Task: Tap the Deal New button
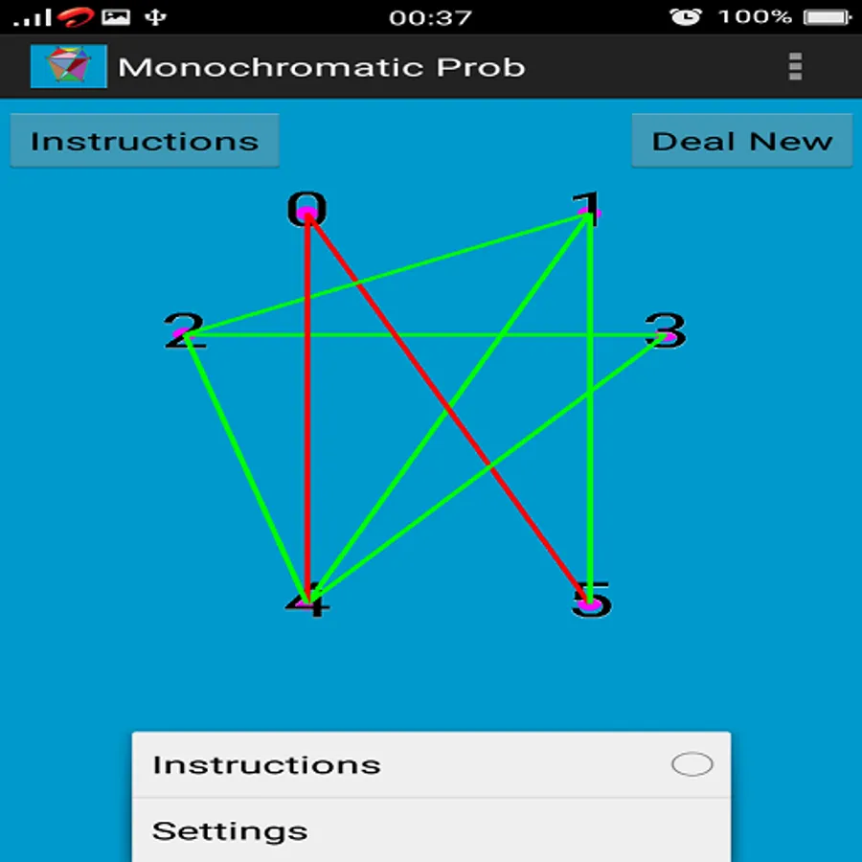coord(741,141)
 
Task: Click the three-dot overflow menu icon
coord(795,66)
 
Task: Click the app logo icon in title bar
coord(69,66)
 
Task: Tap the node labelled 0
coord(306,210)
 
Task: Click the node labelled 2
coord(185,331)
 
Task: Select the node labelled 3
coord(666,330)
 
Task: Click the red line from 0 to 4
coord(307,407)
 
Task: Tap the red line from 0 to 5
coord(448,408)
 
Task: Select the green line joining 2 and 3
coord(424,334)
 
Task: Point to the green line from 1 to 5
coord(589,408)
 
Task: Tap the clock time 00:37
coord(430,17)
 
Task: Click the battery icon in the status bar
coord(828,17)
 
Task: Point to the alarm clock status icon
coord(686,17)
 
